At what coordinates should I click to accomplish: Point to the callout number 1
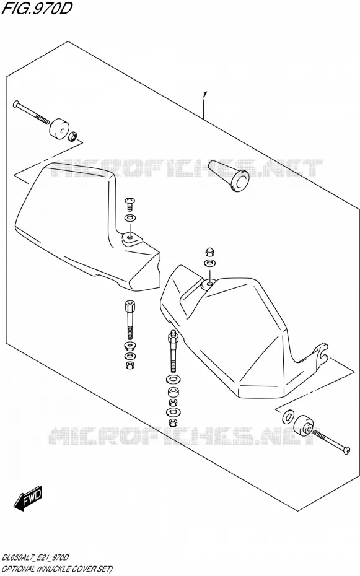click(204, 95)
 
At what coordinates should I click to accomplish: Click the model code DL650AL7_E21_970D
click(36, 558)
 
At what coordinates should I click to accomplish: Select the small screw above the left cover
click(130, 201)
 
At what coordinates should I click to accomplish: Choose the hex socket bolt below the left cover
click(130, 320)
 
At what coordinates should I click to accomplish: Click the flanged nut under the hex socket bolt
click(130, 346)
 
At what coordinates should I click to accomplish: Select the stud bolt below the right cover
click(172, 352)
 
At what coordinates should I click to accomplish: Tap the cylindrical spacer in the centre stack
click(173, 391)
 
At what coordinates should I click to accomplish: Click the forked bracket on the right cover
click(320, 356)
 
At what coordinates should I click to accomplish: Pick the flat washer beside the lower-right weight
click(288, 417)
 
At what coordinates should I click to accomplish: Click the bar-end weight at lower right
click(304, 426)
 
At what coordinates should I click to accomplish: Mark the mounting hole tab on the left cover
click(130, 239)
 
